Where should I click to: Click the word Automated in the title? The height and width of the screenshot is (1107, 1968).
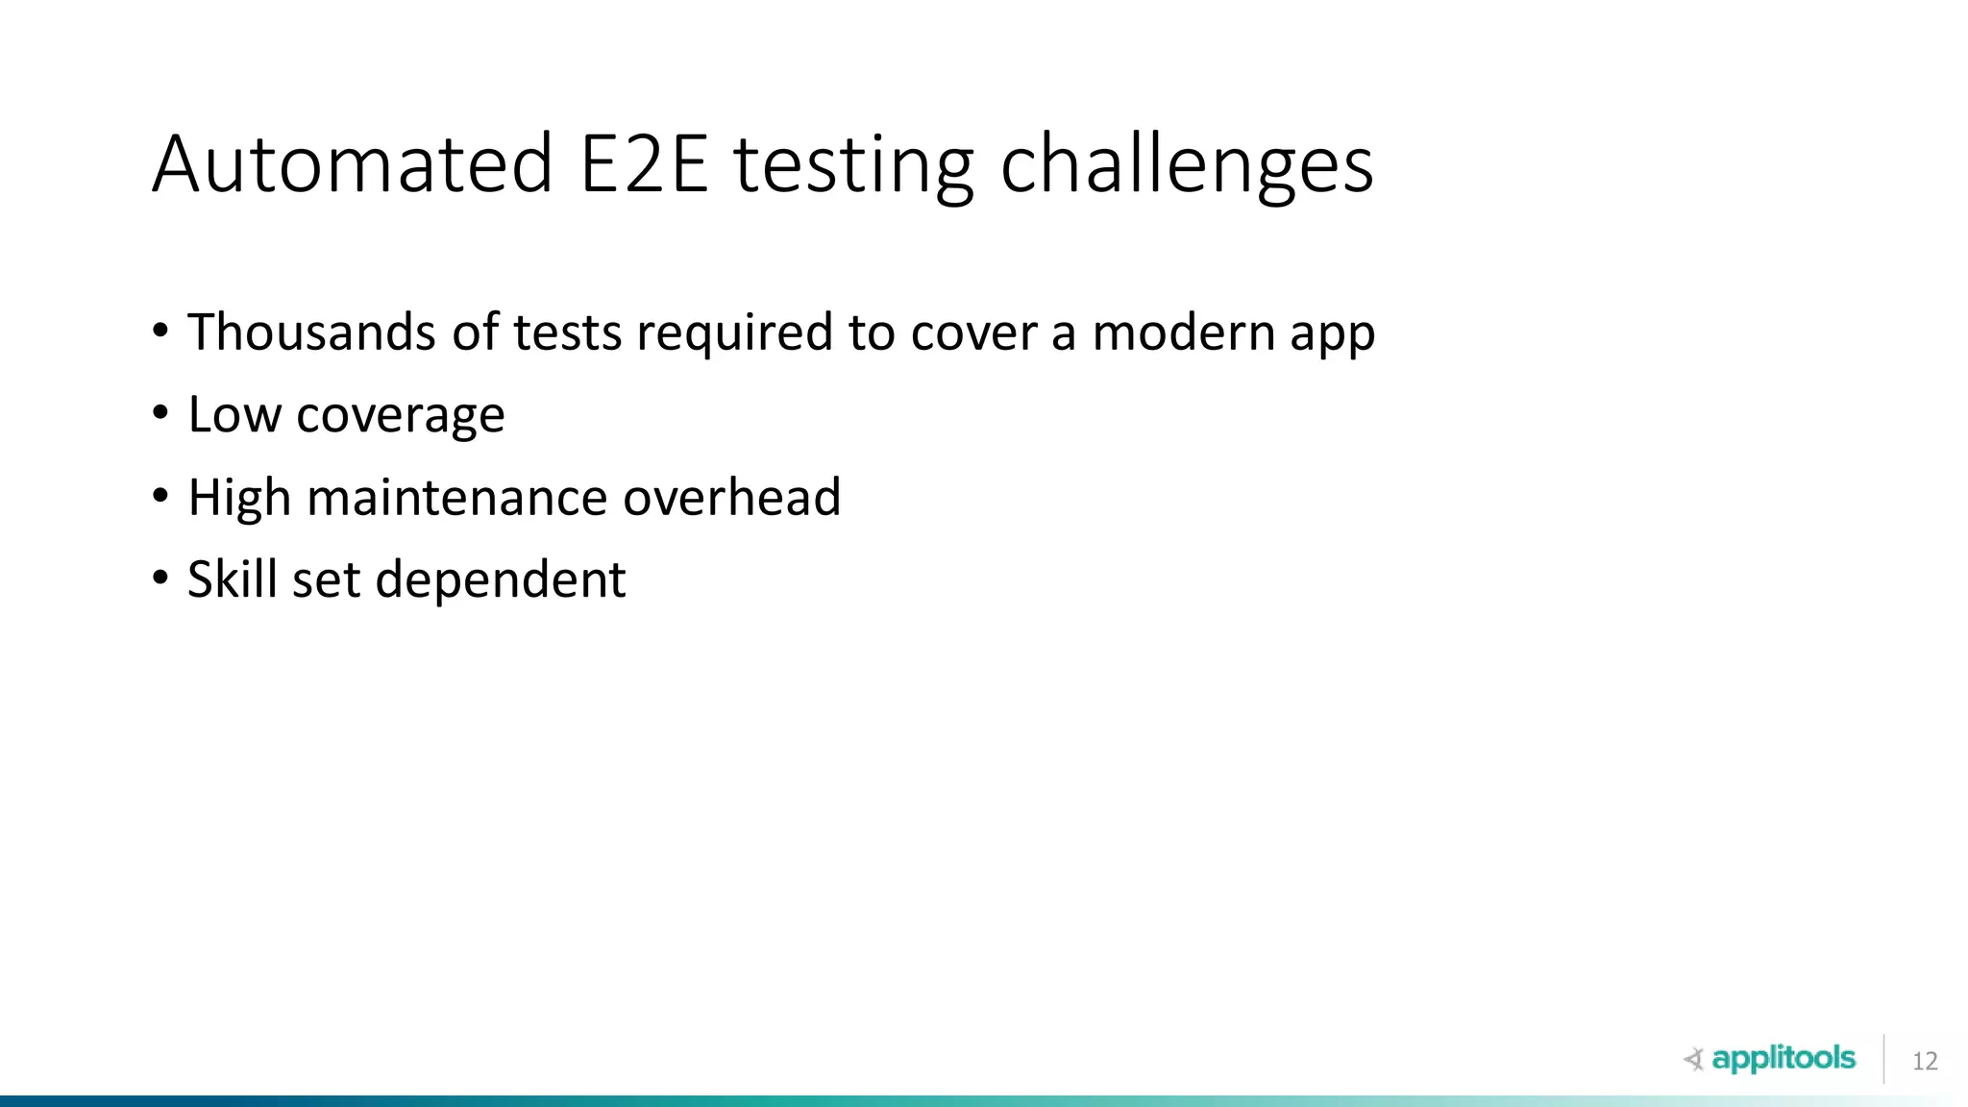click(353, 164)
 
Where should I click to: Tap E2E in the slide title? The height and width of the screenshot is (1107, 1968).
click(644, 164)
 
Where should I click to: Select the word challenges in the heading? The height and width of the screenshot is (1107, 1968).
click(1187, 164)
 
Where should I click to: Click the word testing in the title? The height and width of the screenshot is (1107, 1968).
click(854, 164)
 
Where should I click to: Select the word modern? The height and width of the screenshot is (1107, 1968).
click(1182, 332)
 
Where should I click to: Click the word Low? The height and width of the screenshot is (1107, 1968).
click(234, 415)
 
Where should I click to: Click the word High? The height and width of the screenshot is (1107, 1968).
click(239, 498)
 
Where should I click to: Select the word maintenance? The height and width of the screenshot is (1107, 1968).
click(456, 498)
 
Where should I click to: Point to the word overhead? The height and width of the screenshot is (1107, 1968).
click(731, 498)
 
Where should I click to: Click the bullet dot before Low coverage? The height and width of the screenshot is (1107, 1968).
click(160, 414)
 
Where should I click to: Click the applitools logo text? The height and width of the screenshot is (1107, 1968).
click(1783, 1059)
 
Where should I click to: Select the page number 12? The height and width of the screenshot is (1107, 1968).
click(1925, 1062)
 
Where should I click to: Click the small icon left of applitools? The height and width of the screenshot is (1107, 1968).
click(1694, 1060)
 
